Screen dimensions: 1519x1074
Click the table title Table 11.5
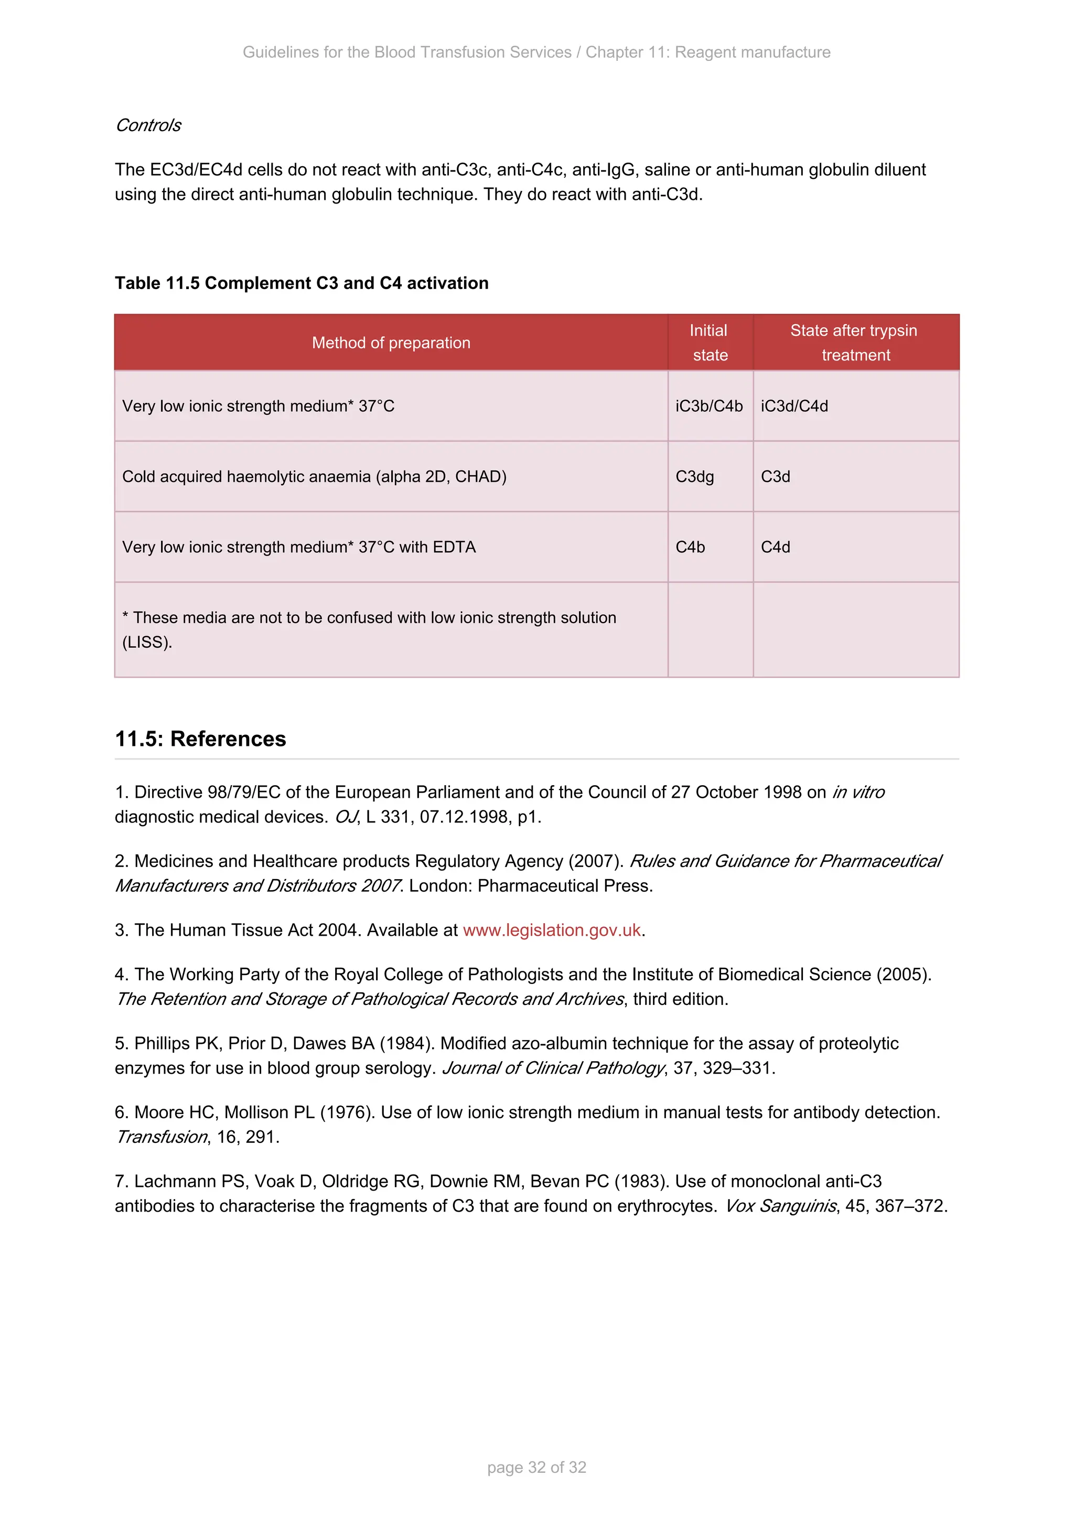[301, 283]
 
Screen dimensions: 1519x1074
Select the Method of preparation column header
[391, 343]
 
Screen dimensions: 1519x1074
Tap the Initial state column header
[710, 343]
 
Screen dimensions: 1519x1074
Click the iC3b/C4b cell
[709, 406]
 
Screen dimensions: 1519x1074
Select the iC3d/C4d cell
[794, 406]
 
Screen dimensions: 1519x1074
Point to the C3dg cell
[694, 477]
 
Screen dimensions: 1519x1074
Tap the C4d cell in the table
[775, 547]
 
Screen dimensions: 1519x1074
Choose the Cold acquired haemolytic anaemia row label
[314, 477]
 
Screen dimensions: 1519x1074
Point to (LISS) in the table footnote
[147, 643]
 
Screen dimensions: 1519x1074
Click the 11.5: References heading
[200, 739]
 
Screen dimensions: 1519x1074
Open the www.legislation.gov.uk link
[552, 930]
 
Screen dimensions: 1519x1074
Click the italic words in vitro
[858, 793]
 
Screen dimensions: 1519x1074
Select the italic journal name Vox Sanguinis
[780, 1206]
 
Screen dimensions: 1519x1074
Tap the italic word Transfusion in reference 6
[162, 1137]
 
